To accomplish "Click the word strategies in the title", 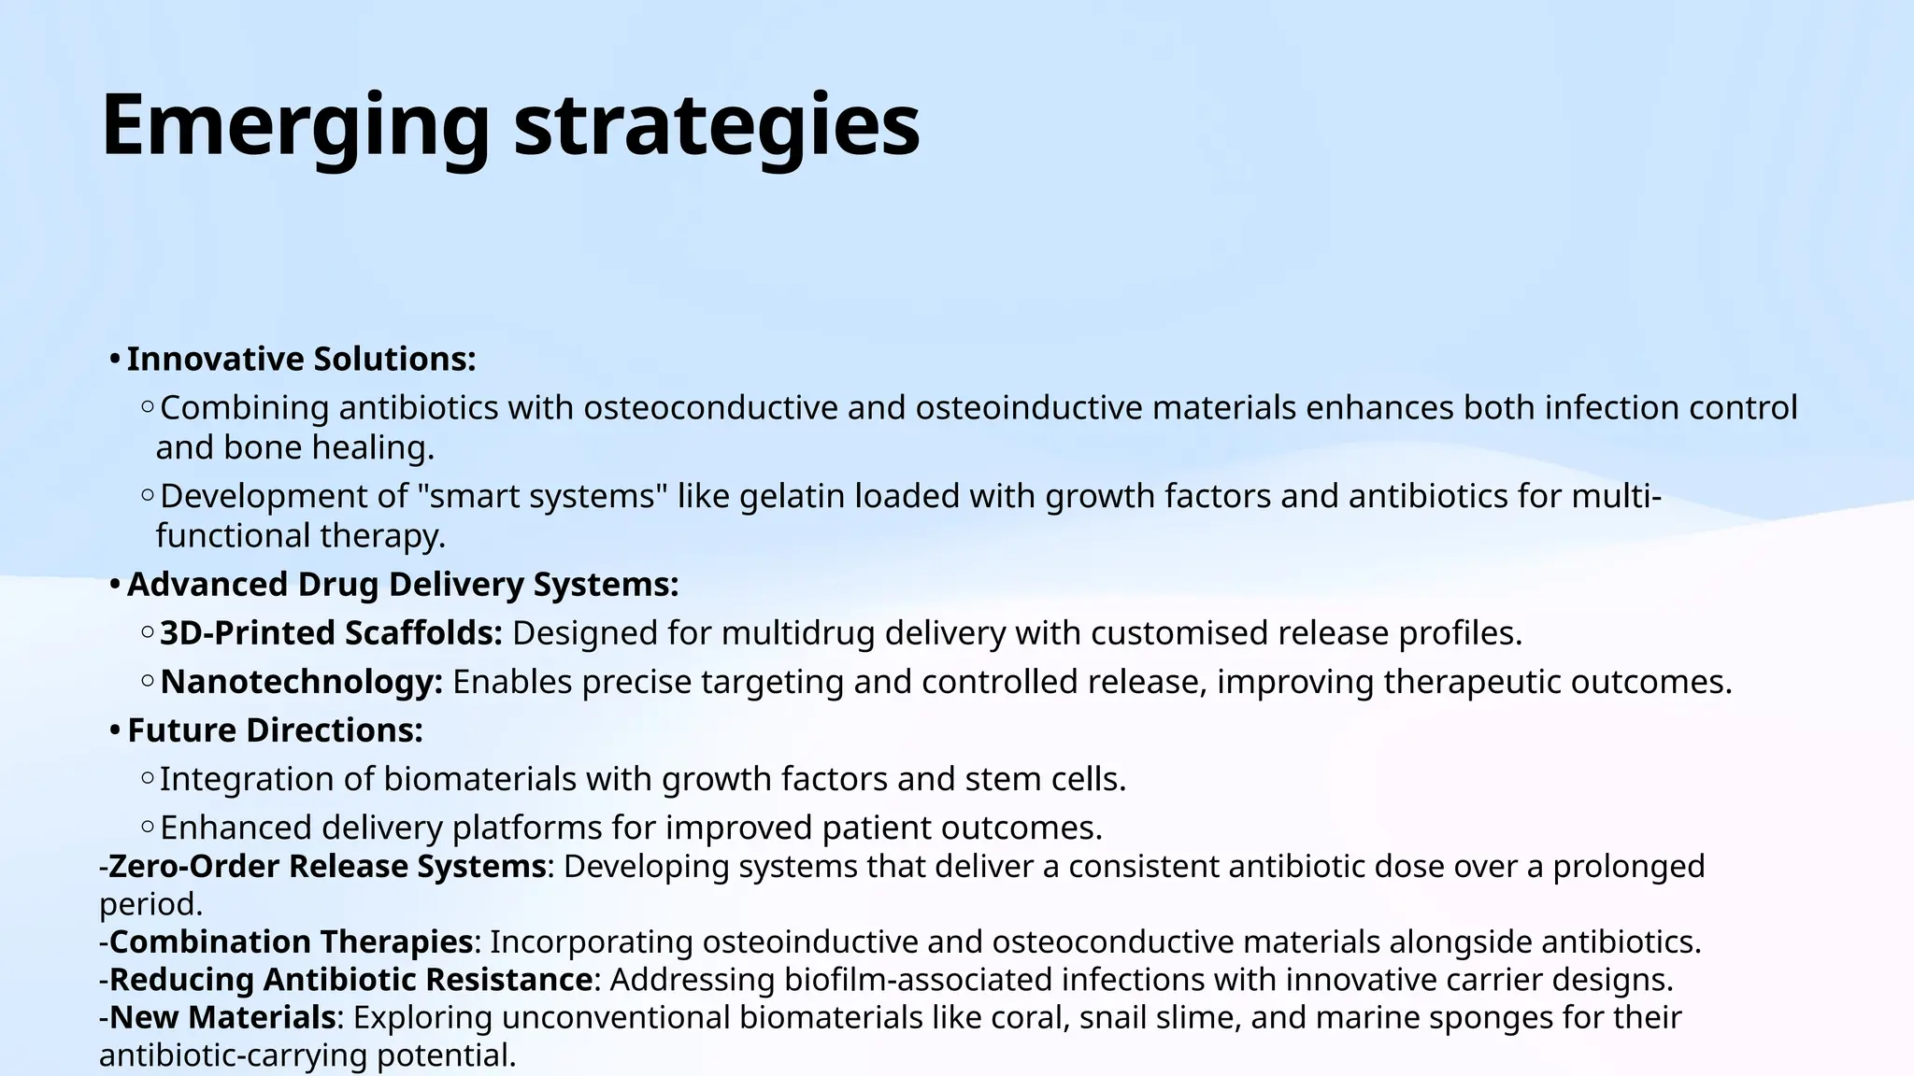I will coord(717,126).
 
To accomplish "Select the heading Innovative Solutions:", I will coord(301,359).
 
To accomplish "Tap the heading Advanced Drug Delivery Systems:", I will coord(402,585).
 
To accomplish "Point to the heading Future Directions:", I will coord(275,730).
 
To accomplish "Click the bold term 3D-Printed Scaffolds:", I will coord(331,633).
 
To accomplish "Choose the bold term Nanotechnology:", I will coord(301,682).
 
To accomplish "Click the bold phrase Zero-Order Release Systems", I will coord(327,866).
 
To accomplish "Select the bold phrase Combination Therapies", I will coord(291,941).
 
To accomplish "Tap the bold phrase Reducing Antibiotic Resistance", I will coord(350,980).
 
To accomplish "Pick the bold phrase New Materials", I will coord(222,1017).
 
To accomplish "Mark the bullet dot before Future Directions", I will coord(114,731).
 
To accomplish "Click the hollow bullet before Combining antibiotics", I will coord(148,407).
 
